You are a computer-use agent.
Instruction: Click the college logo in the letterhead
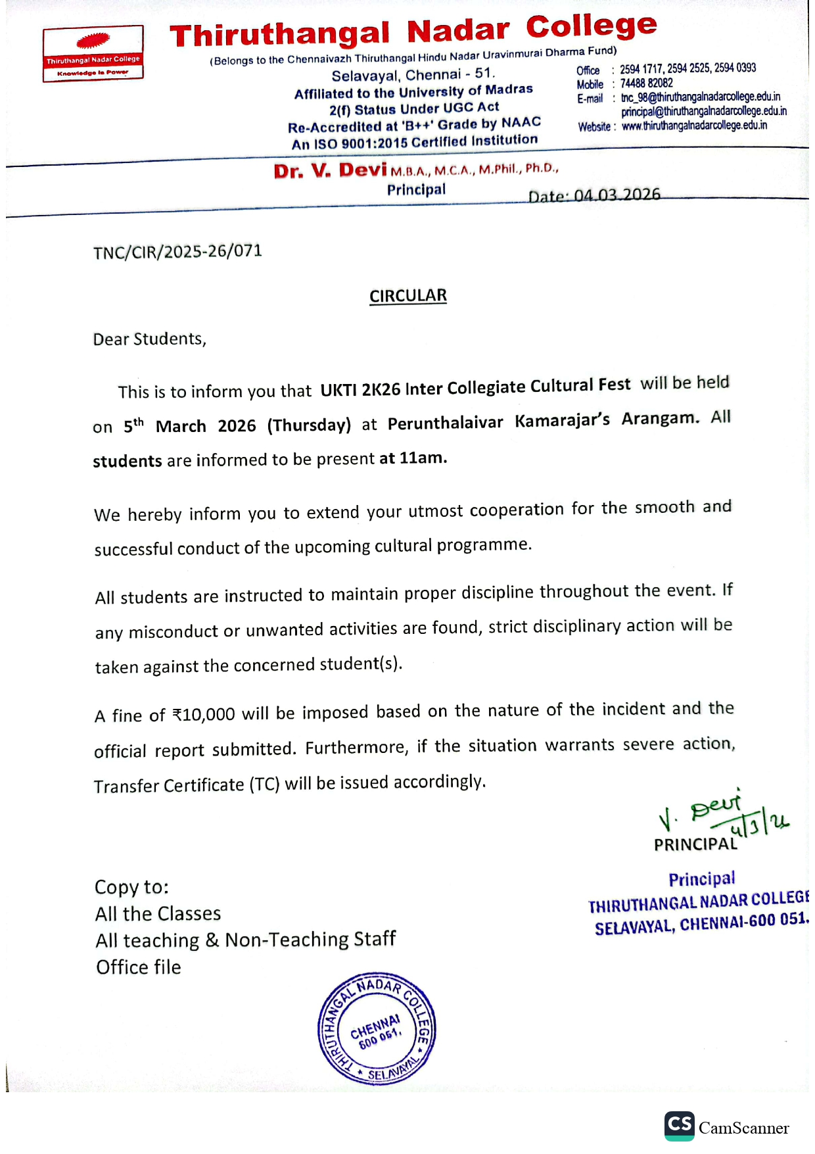tap(93, 53)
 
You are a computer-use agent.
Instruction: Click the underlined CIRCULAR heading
tap(407, 296)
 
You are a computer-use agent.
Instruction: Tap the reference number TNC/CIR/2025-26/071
tap(177, 252)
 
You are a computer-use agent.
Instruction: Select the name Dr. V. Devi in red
tap(330, 171)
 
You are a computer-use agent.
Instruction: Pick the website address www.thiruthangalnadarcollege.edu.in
tap(694, 126)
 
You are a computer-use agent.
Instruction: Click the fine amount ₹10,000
tap(203, 715)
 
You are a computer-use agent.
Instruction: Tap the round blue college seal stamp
tap(377, 1028)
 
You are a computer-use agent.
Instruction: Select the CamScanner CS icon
tap(679, 1126)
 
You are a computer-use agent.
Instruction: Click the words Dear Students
tap(149, 339)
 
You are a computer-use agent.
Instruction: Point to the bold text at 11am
tap(413, 458)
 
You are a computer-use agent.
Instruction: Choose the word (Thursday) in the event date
tap(309, 425)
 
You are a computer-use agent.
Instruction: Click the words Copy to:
tap(131, 887)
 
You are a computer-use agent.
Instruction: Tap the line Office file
tap(138, 967)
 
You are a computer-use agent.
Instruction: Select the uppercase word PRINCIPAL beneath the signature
tap(695, 844)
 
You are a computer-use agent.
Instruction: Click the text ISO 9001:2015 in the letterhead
tap(360, 143)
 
